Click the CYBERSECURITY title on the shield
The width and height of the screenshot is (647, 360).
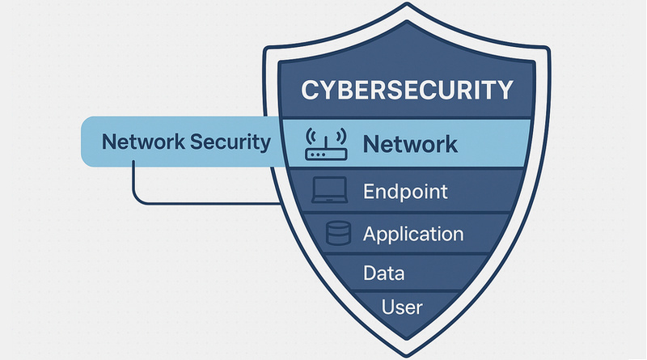pos(407,89)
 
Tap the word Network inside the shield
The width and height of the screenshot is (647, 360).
pos(409,145)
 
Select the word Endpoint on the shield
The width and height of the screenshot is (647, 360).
pos(405,193)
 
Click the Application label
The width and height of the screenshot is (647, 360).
pos(413,235)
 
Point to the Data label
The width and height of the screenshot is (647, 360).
pos(384,273)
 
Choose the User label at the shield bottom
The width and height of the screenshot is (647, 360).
pos(402,307)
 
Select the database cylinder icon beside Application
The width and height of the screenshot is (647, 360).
pos(337,234)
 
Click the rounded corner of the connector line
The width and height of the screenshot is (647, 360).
pos(137,197)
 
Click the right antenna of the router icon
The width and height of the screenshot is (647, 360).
pos(338,135)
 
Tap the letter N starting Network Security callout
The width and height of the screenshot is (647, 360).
pos(108,142)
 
